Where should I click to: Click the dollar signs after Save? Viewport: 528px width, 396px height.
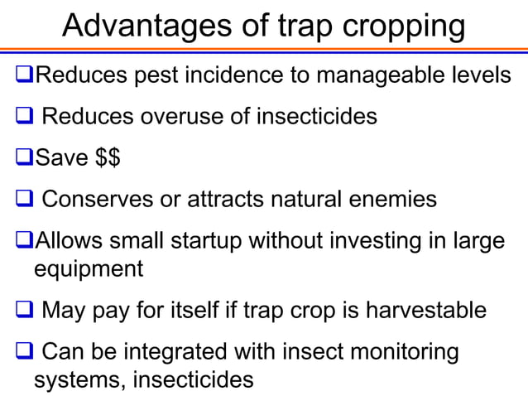[104, 157]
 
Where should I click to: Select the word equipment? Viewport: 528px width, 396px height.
[88, 269]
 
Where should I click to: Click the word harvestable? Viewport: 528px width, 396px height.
[422, 311]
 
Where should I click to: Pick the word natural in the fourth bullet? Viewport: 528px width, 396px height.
[311, 200]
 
